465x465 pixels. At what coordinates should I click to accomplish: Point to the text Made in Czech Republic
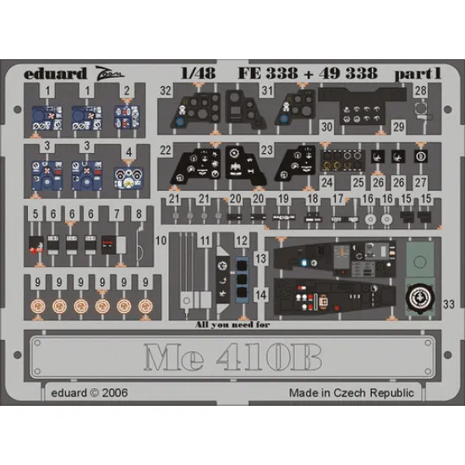351,393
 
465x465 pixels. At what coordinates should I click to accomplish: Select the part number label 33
446,304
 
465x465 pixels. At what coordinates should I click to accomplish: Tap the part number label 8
138,215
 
